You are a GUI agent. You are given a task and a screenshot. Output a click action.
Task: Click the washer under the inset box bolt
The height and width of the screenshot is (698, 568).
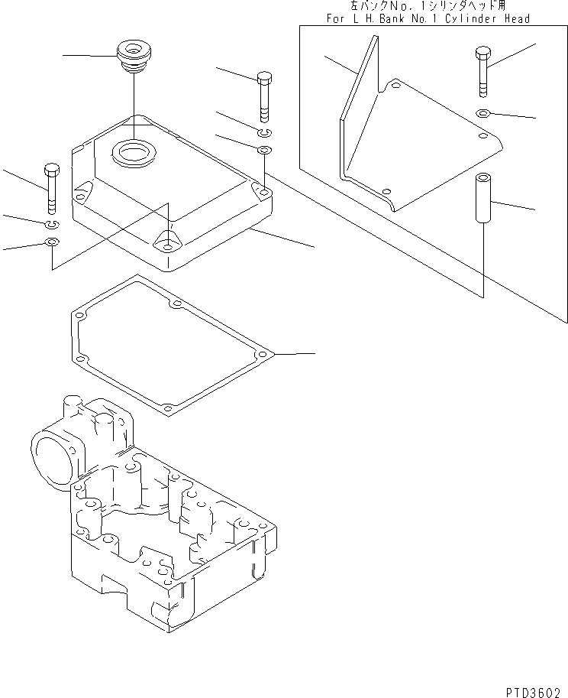[482, 114]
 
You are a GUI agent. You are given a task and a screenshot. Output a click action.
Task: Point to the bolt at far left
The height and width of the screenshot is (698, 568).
[51, 187]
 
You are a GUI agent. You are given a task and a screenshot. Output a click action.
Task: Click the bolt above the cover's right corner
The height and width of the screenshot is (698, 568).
[263, 96]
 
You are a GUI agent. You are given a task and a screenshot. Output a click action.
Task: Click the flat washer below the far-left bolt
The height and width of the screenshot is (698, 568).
[52, 243]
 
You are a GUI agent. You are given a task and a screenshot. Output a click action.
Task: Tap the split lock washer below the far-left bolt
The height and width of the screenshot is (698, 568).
[52, 223]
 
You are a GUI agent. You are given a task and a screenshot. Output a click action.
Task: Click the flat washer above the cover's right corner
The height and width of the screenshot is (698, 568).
[264, 148]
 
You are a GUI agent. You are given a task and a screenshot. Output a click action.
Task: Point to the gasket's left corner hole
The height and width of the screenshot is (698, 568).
[78, 313]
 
